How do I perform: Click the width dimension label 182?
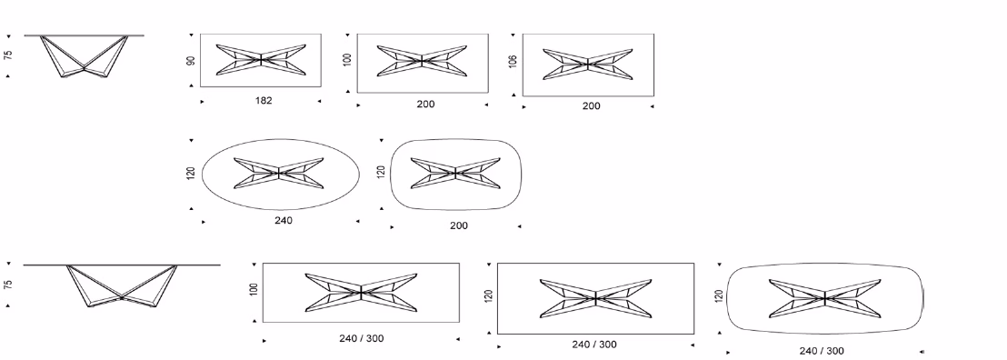point(264,100)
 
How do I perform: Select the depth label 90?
point(191,60)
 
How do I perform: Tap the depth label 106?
point(513,62)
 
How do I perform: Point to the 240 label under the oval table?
point(284,221)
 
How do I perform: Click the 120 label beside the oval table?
point(191,173)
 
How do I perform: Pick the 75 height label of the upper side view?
point(7,55)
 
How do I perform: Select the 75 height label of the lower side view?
point(7,285)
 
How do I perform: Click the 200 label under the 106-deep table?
point(592,106)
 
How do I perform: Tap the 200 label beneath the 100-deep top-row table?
point(425,105)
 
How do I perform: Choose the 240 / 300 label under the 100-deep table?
point(362,338)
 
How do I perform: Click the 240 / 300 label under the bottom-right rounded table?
point(822,351)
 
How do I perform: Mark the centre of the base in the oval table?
point(279,173)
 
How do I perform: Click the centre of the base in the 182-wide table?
point(261,60)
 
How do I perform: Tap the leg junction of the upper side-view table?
point(85,67)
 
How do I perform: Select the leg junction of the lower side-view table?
point(122,297)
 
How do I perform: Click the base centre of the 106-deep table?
point(588,65)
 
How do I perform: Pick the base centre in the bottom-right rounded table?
point(824,298)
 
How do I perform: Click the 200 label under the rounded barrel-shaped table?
point(459,225)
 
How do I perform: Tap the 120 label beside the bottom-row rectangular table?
point(489,296)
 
